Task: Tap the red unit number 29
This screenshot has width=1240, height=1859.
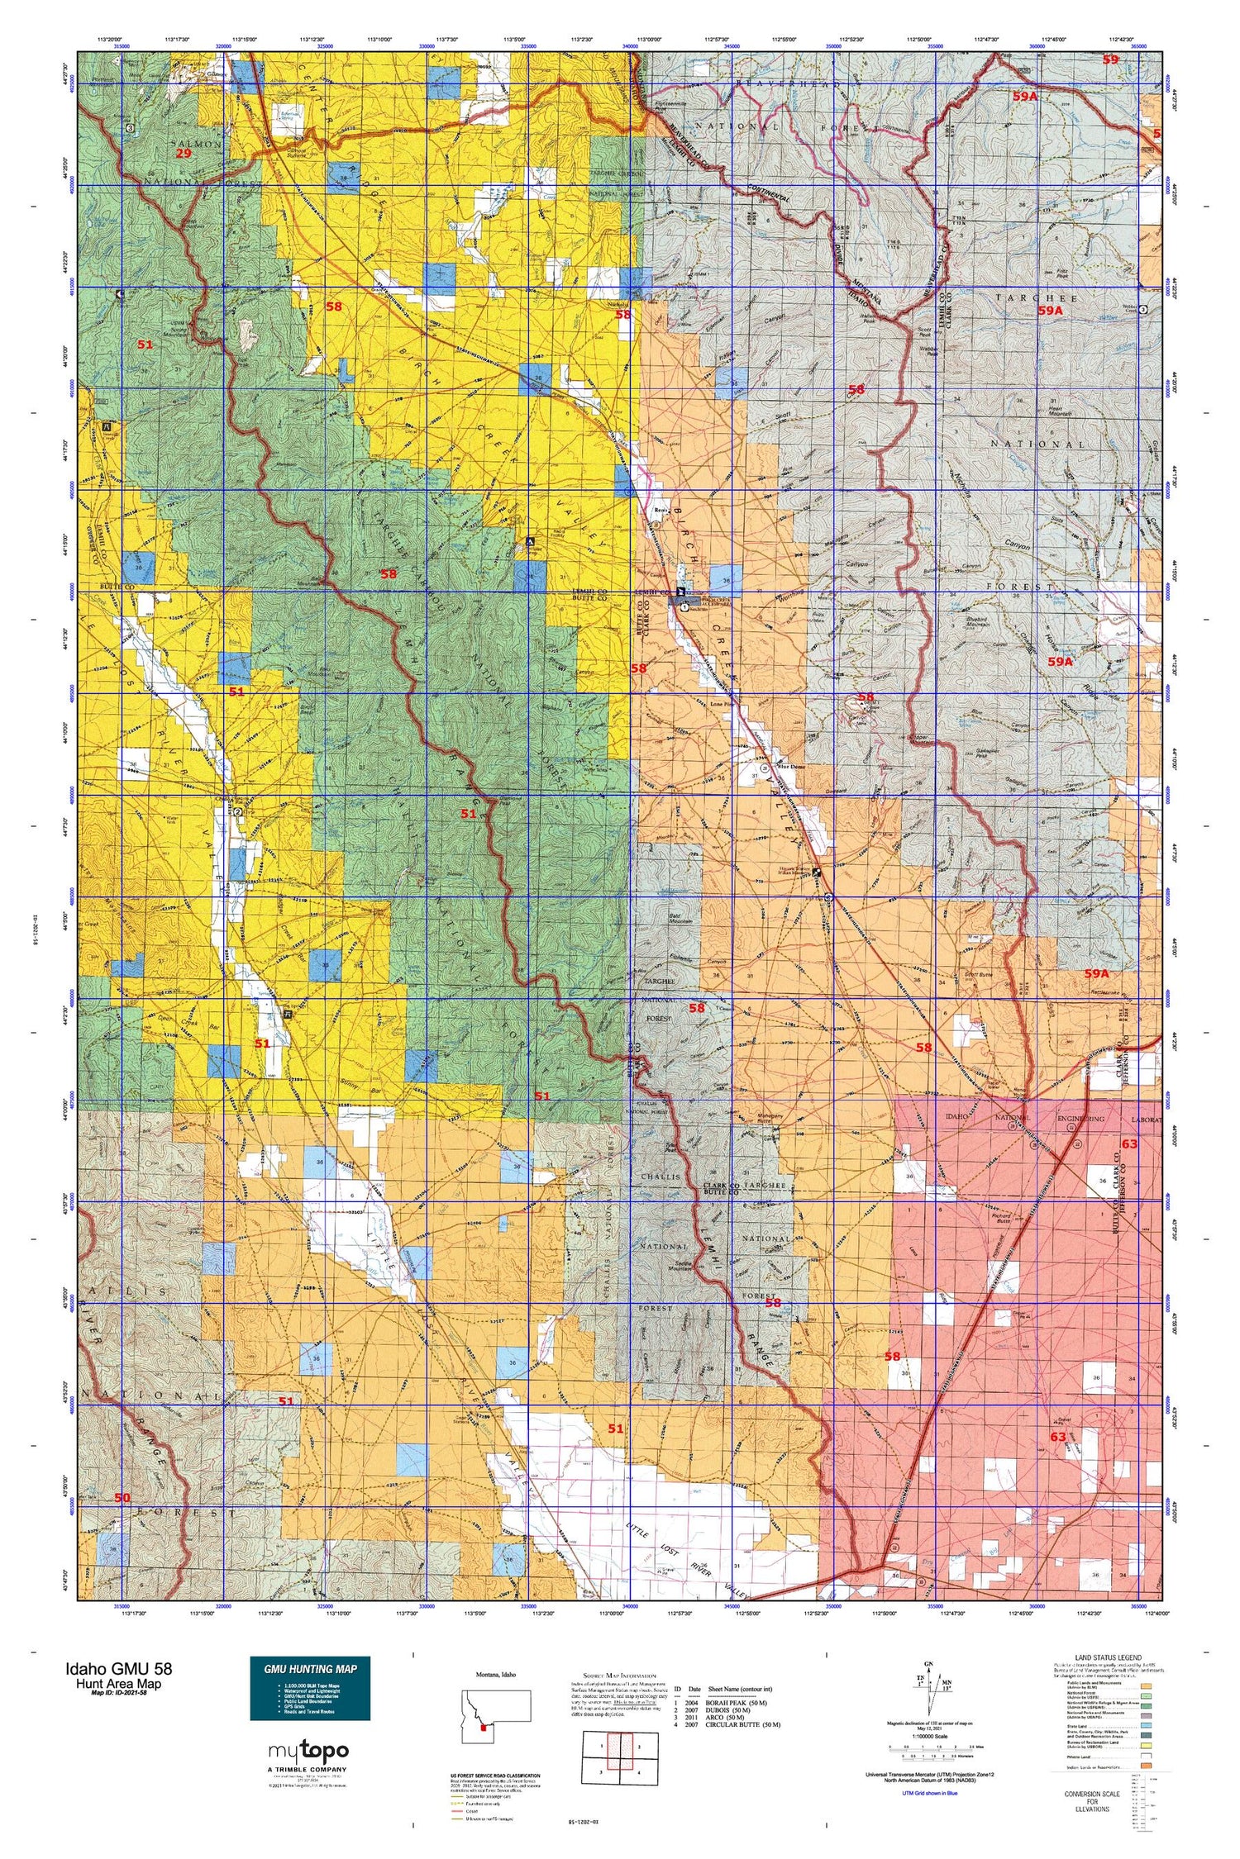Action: [x=184, y=154]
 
